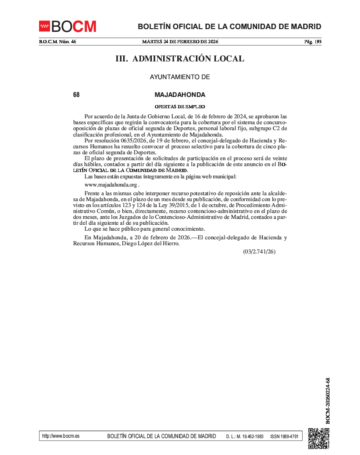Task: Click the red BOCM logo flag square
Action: coord(44,26)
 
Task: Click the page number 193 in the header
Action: coord(317,42)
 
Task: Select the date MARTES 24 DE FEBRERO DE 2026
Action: coord(180,42)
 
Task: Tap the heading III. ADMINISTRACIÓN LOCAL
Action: coord(180,59)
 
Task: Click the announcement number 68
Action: coord(76,95)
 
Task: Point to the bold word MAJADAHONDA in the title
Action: coord(180,95)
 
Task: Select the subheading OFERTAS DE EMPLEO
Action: coord(180,106)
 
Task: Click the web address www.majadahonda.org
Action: coord(111,185)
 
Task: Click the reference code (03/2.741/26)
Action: coord(259,251)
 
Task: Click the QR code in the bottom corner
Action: coord(319,439)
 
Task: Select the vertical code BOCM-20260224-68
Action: coord(328,400)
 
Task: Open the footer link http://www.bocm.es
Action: coord(60,436)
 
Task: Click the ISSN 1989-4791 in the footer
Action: coord(284,436)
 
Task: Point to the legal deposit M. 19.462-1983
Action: coord(249,436)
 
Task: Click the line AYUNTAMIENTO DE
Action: coord(180,77)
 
